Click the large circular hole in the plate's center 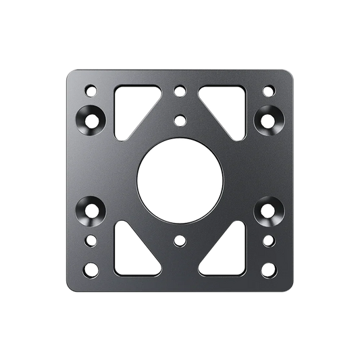point(180,179)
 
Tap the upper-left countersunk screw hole point(92,120)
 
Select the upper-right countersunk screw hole point(268,120)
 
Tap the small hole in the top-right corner point(268,89)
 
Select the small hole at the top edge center point(180,89)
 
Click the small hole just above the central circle point(180,120)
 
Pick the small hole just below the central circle point(180,239)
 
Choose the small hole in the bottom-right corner point(268,269)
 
